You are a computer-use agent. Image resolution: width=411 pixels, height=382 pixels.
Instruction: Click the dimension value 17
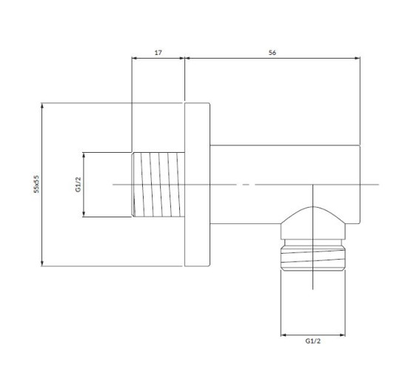(x=158, y=53)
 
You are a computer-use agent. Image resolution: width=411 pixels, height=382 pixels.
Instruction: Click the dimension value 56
(x=272, y=53)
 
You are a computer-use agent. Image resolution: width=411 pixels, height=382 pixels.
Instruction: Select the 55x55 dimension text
(x=36, y=184)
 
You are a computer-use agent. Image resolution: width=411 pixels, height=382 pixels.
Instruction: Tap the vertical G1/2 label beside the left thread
(x=78, y=185)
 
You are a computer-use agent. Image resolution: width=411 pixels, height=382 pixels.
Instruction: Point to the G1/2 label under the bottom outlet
(x=313, y=341)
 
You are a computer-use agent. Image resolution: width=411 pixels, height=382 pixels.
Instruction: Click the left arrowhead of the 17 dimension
(x=135, y=58)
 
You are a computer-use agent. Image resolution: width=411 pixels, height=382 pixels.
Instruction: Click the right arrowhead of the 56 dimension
(x=357, y=58)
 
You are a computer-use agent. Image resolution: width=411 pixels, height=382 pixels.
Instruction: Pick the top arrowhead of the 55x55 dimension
(x=42, y=106)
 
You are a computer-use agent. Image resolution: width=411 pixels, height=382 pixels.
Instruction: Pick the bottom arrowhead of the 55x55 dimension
(x=42, y=263)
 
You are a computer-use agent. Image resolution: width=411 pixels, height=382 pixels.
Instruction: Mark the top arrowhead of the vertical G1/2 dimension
(x=84, y=156)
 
